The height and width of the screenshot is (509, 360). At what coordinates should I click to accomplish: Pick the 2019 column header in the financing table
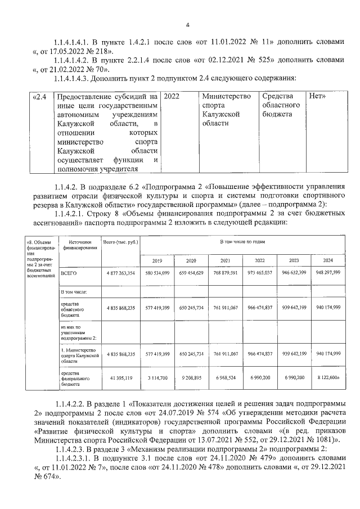pyautogui.click(x=157, y=260)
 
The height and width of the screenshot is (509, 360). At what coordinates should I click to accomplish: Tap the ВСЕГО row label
pyautogui.click(x=69, y=273)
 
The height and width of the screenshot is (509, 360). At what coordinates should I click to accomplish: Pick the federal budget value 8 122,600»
pyautogui.click(x=328, y=378)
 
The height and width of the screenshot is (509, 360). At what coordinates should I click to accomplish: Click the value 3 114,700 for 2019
pyautogui.click(x=157, y=378)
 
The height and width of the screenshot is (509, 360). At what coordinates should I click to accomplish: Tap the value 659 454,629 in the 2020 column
pyautogui.click(x=191, y=273)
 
